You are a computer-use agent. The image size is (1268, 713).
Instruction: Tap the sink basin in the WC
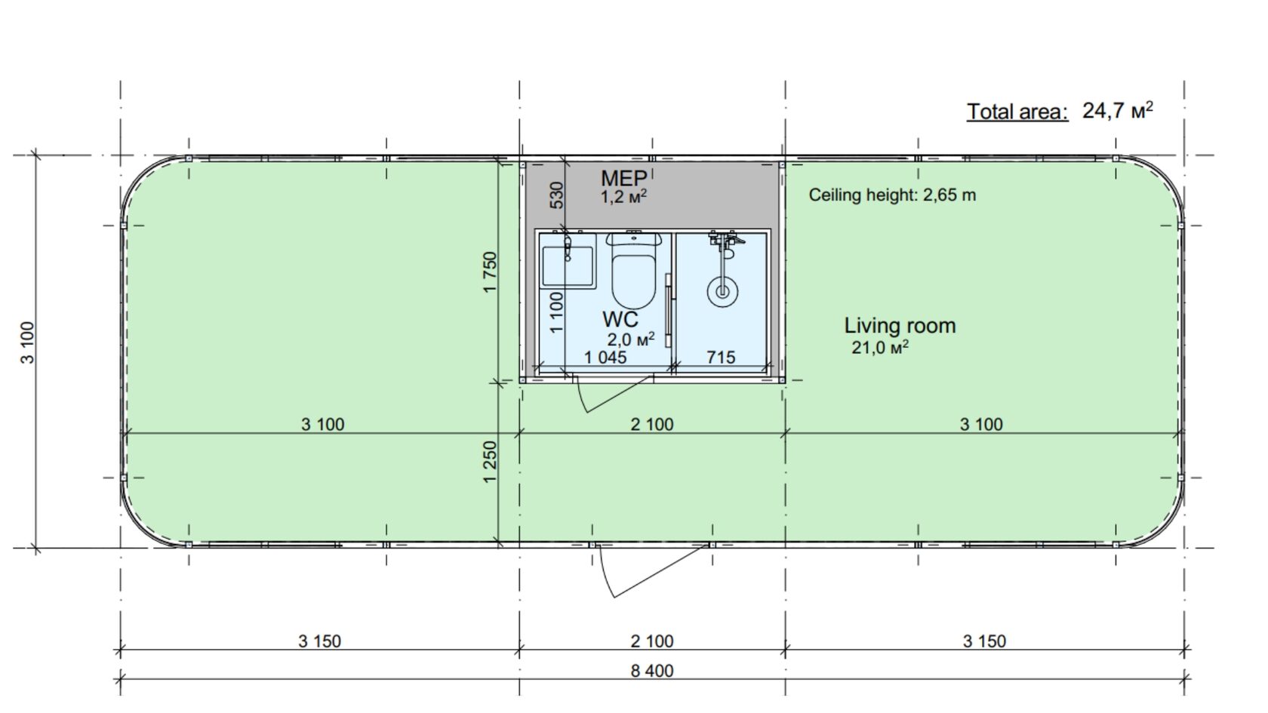[568, 266]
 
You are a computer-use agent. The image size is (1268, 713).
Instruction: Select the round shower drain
[722, 292]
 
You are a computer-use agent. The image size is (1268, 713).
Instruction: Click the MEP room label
[623, 178]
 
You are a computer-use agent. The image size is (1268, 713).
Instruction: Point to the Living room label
[900, 325]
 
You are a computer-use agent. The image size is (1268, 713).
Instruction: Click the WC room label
[620, 319]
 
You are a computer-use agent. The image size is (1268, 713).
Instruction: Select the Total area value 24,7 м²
[1118, 111]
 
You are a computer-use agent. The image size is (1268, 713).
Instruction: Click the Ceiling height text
[892, 195]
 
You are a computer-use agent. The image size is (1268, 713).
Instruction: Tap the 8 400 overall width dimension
[652, 671]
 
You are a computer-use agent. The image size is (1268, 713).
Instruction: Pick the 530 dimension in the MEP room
[557, 195]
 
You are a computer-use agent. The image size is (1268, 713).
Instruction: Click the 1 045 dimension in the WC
[605, 357]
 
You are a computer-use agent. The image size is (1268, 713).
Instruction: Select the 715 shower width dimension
[721, 357]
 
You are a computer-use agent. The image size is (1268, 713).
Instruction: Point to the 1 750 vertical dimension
[490, 272]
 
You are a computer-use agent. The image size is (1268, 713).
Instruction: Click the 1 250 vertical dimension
[490, 463]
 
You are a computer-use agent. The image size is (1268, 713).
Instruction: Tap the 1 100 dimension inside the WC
[557, 312]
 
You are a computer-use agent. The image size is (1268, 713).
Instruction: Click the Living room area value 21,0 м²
[880, 347]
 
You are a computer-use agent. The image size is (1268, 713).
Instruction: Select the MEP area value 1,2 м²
[623, 196]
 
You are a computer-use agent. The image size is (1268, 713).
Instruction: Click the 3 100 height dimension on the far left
[27, 343]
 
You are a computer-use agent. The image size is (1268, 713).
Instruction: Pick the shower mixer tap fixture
[726, 241]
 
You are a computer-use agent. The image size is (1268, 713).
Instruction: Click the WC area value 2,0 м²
[631, 340]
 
